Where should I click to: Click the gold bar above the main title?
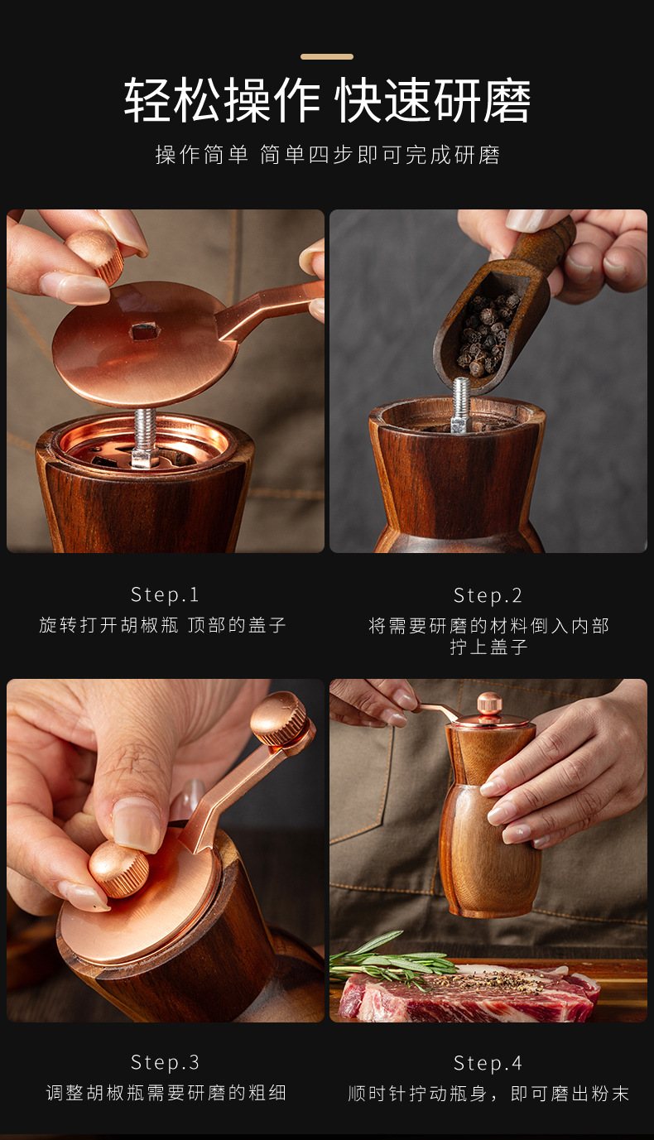tap(327, 56)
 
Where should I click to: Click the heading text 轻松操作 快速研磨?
tap(327, 101)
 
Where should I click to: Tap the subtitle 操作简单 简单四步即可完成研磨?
tap(327, 155)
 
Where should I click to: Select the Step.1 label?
tap(165, 595)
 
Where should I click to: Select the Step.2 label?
tap(488, 595)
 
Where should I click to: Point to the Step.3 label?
tap(165, 1062)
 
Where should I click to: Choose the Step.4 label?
tap(488, 1063)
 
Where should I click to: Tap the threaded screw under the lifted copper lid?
tap(145, 435)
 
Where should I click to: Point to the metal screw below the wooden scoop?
tap(461, 405)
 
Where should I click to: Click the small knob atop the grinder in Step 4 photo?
tap(489, 705)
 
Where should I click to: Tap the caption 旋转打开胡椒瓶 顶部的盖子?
tap(162, 625)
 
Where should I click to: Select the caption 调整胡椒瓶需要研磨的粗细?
tap(166, 1093)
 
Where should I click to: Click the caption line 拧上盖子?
tap(488, 647)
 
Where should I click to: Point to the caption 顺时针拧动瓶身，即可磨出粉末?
tap(488, 1093)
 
